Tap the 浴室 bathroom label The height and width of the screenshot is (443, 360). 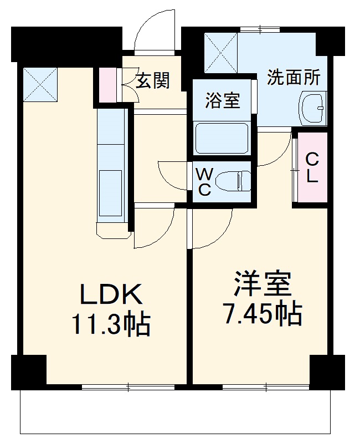pyautogui.click(x=222, y=101)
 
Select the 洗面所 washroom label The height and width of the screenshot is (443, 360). pyautogui.click(x=294, y=78)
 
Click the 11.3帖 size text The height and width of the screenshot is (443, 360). pyautogui.click(x=111, y=324)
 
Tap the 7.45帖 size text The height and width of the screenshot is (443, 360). pyautogui.click(x=262, y=314)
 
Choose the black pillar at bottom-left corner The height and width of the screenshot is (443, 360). pyautogui.click(x=28, y=369)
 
